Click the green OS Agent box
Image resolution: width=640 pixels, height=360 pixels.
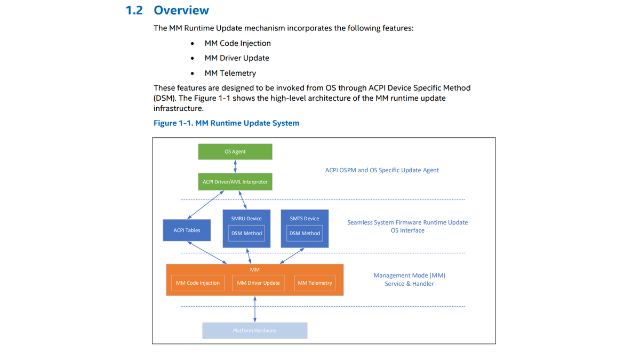tap(235, 151)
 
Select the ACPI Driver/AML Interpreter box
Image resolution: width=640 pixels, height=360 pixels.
tap(235, 182)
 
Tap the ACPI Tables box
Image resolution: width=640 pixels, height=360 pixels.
tap(187, 230)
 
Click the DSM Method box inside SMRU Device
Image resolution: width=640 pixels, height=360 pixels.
tap(246, 233)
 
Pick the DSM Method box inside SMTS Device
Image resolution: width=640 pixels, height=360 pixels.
tap(305, 233)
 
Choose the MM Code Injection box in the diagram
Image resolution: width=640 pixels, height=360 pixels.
tap(198, 283)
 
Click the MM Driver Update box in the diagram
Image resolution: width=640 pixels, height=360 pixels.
tap(258, 283)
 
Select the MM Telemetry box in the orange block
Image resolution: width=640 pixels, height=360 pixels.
tap(315, 283)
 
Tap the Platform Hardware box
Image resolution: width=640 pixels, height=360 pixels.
tap(255, 331)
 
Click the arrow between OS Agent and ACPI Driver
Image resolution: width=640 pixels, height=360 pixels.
tap(235, 166)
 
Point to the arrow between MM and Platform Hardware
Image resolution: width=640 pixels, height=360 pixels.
tap(255, 309)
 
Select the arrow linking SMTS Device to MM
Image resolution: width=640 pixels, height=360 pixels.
tap(292, 255)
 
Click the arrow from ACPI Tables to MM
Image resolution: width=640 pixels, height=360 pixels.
tap(207, 253)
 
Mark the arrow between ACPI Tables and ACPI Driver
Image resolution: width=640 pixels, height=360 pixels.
tap(205, 205)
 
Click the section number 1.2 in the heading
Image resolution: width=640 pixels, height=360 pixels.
tap(134, 11)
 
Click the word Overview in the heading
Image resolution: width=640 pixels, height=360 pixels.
tap(181, 10)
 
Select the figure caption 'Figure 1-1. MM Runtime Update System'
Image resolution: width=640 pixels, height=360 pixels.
tap(226, 123)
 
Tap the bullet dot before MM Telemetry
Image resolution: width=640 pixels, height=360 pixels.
tap(193, 74)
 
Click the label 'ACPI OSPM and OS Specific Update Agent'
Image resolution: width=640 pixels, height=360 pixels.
tap(382, 170)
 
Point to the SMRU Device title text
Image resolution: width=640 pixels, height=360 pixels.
tap(246, 219)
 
